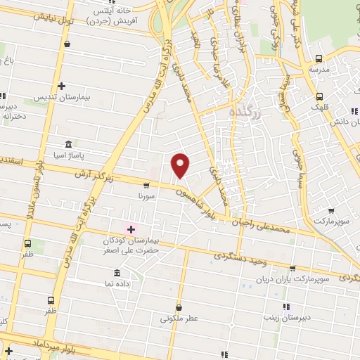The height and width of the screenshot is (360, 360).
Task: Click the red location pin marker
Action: tap(181, 165)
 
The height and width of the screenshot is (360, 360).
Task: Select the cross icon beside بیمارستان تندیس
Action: tap(61, 85)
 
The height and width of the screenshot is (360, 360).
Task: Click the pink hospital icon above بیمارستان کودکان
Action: tap(130, 229)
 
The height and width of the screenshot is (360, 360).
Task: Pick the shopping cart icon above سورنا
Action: tap(146, 186)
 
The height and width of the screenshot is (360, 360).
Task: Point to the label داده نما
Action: tap(116, 283)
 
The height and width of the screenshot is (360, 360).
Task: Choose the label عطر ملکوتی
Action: tap(179, 318)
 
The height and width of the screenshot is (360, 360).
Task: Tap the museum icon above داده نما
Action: tap(116, 273)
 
